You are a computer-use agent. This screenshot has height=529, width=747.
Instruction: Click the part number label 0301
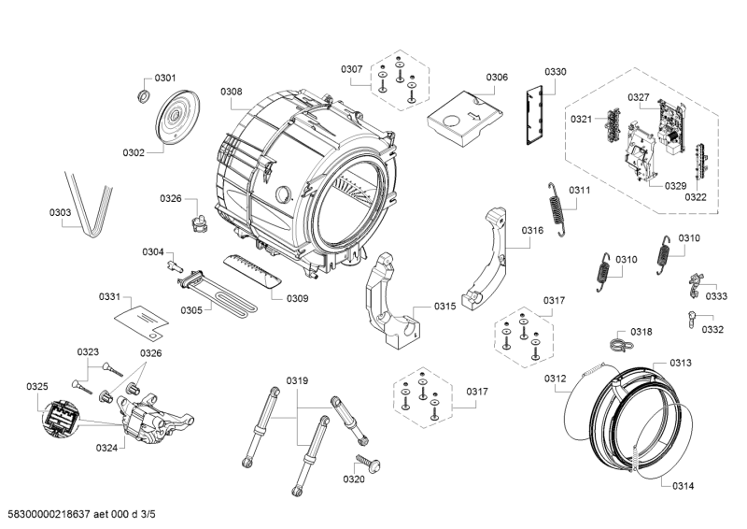pyautogui.click(x=165, y=78)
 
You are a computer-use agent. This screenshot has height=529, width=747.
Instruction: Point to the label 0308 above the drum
pyautogui.click(x=232, y=92)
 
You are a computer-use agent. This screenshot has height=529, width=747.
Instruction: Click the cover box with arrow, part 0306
pyautogui.click(x=463, y=115)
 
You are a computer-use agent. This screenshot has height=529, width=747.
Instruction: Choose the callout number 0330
pyautogui.click(x=556, y=72)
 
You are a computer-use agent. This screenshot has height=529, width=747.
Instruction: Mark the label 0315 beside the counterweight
pyautogui.click(x=444, y=307)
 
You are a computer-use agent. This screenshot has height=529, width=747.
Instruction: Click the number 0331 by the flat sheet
pyautogui.click(x=110, y=297)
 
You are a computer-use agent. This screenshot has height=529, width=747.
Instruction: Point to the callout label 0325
pyautogui.click(x=37, y=386)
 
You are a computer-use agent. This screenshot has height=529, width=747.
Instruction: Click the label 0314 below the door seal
pyautogui.click(x=682, y=485)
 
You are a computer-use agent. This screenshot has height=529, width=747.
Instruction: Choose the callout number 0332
pyautogui.click(x=713, y=329)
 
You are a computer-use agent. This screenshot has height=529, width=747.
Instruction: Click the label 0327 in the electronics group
pyautogui.click(x=639, y=97)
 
